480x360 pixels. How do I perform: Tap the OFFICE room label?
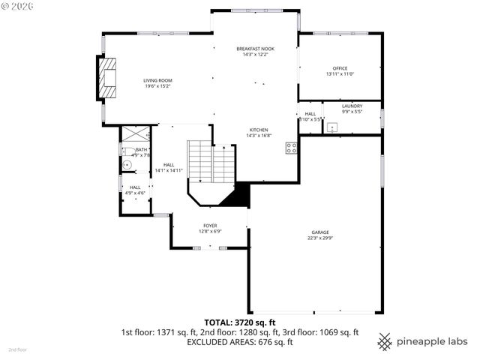340,68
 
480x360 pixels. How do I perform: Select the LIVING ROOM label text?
158,80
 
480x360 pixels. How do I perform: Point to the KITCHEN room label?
259,130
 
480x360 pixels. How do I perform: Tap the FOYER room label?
210,226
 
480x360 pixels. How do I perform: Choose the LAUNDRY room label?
352,106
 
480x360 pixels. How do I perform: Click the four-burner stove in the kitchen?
291,147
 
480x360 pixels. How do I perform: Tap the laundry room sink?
330,127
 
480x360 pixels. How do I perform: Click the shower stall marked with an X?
136,135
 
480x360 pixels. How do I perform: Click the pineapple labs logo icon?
385,341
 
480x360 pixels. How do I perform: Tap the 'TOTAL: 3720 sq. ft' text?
240,322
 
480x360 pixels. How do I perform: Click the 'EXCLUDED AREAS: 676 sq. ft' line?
240,342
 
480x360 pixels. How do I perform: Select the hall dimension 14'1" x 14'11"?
169,170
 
